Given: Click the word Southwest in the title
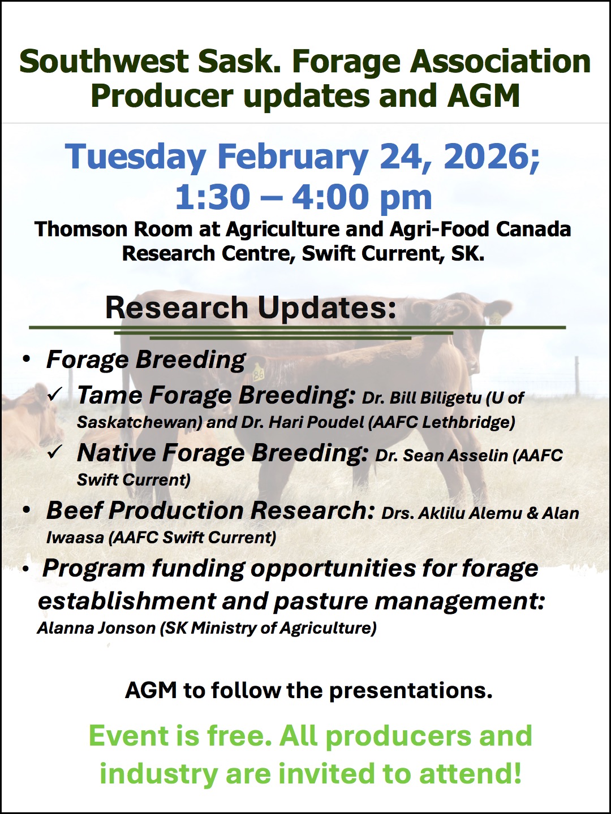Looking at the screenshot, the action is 103,62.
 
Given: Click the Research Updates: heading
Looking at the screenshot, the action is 251,309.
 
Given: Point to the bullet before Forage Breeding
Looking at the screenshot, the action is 26,360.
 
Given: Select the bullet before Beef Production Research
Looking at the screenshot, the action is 26,510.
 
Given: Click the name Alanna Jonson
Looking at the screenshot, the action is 96,628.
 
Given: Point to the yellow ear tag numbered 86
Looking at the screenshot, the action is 259,375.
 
